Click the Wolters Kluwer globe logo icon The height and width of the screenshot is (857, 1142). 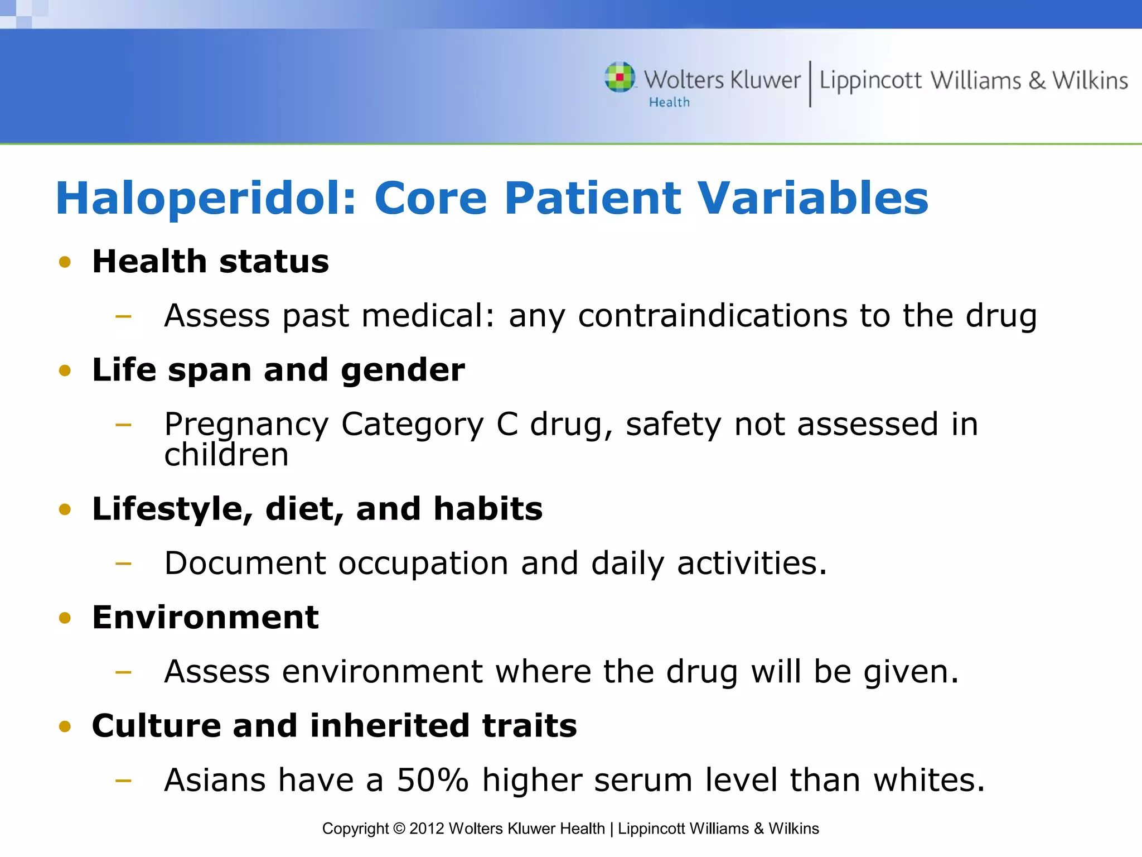tap(620, 77)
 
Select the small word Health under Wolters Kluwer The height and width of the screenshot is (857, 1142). tap(669, 103)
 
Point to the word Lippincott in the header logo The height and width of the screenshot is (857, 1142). tap(870, 81)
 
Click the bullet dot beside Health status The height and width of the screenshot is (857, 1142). tap(65, 262)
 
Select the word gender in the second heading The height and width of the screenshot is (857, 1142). tap(403, 370)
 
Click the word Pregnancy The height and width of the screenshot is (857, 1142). tap(246, 425)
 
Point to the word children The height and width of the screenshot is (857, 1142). tap(226, 455)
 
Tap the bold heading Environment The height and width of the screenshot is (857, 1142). tap(205, 617)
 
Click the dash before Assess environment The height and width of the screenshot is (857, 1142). tap(123, 672)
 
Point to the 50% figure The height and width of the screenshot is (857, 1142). tap(432, 779)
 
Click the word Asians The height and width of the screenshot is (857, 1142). tap(215, 779)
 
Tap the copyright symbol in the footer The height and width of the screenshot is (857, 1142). tap(399, 829)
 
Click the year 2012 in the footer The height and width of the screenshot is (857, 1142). tap(427, 829)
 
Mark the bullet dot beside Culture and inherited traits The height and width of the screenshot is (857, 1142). tap(65, 726)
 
